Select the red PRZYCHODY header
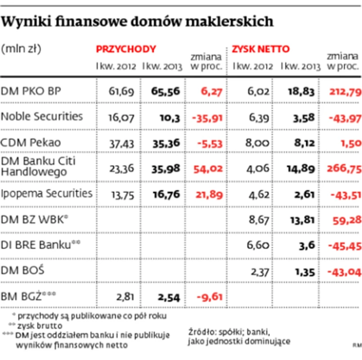(126, 49)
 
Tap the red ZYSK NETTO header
(261, 49)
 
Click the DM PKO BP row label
(31, 91)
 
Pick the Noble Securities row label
(42, 116)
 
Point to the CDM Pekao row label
(31, 142)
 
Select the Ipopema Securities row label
(47, 193)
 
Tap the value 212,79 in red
(344, 91)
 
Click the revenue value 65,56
(165, 91)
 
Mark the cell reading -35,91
(207, 118)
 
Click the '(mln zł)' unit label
(21, 49)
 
